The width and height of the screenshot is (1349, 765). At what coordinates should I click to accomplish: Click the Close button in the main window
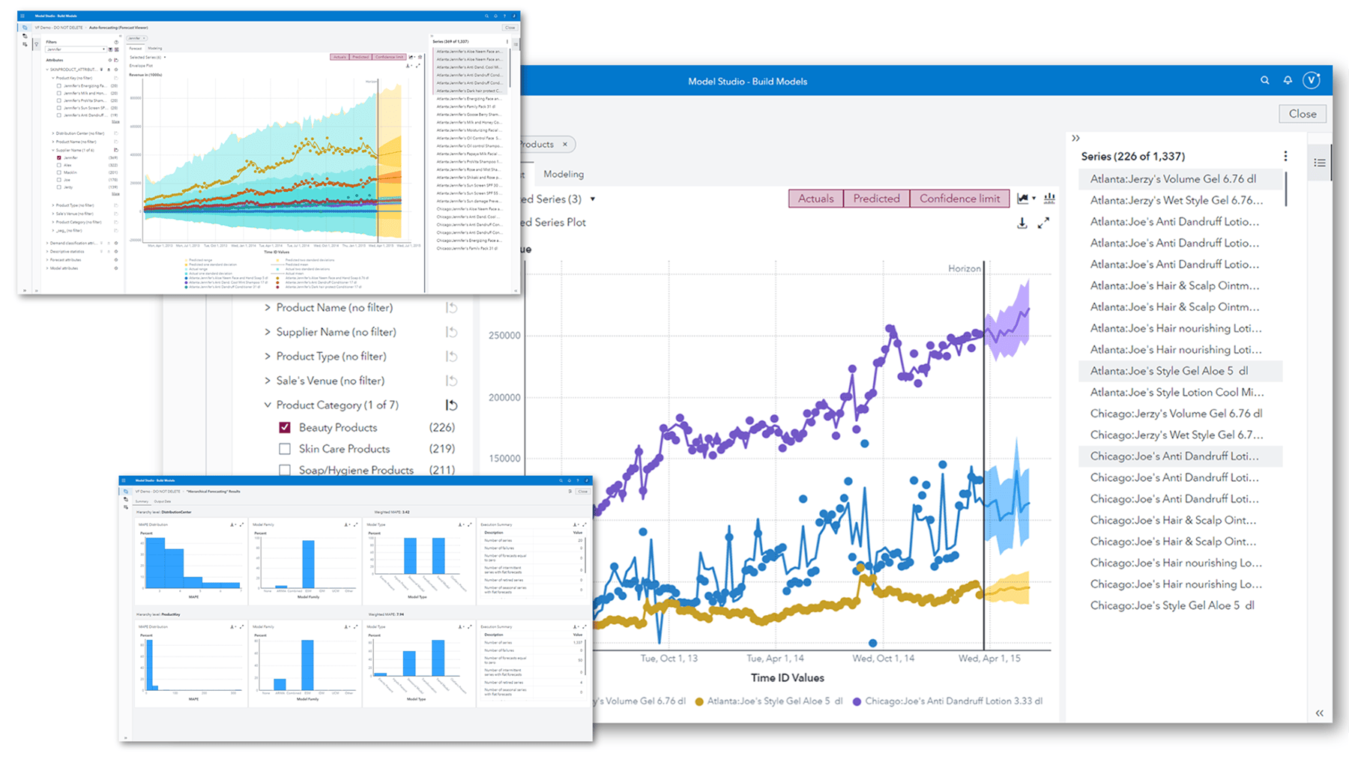click(x=1302, y=114)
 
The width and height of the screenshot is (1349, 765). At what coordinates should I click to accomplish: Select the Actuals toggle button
click(x=815, y=199)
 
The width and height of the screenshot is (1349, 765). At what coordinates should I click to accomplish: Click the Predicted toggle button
click(x=876, y=199)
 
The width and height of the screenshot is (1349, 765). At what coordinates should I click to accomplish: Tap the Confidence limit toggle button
click(x=959, y=199)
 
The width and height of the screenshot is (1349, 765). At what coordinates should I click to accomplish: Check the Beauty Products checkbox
click(x=285, y=427)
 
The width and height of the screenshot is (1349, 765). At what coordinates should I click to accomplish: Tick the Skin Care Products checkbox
click(x=285, y=449)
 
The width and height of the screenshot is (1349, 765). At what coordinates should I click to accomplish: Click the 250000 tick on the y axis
click(x=504, y=335)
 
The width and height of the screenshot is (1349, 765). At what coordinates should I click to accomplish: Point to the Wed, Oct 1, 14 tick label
click(x=883, y=658)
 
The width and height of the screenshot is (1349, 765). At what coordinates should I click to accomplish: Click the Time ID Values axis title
click(x=787, y=677)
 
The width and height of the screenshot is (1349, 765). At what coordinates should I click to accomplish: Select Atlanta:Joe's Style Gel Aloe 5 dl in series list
click(x=1168, y=371)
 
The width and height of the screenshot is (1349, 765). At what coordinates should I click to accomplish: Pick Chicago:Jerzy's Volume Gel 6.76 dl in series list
click(x=1176, y=414)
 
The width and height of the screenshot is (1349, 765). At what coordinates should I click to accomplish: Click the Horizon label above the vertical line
click(x=964, y=268)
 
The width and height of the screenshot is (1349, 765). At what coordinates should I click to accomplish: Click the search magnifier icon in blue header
click(x=1264, y=80)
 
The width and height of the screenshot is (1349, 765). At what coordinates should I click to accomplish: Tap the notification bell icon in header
click(x=1288, y=80)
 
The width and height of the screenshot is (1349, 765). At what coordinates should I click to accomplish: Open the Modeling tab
click(x=563, y=174)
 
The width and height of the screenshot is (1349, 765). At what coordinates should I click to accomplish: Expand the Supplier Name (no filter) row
click(x=268, y=332)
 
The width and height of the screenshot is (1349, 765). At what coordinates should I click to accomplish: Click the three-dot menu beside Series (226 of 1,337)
click(x=1285, y=156)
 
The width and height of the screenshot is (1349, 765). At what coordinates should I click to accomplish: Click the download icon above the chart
click(x=1021, y=223)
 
